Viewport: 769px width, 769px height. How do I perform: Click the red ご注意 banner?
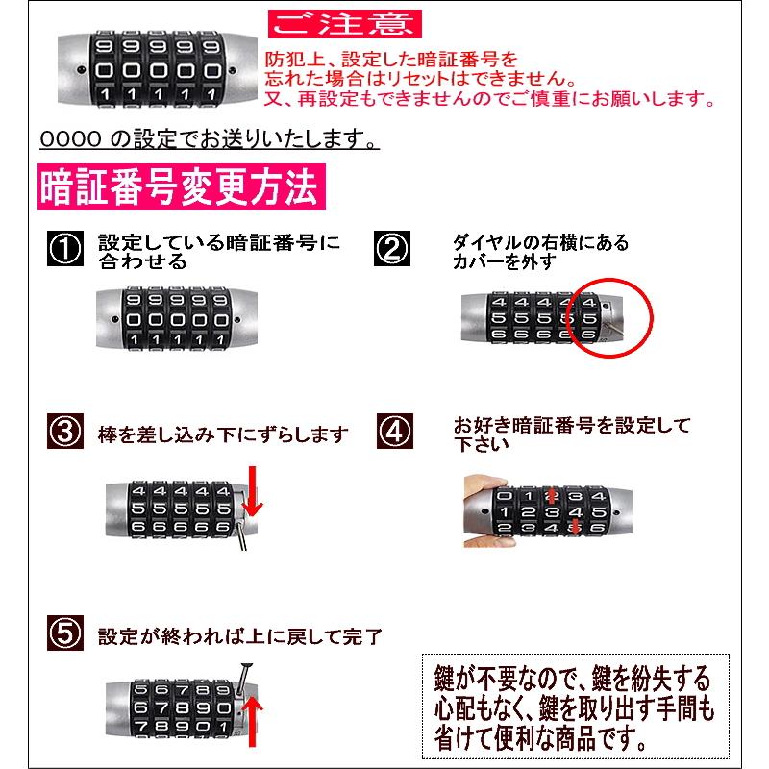click(x=344, y=24)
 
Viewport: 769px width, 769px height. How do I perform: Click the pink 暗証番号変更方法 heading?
click(x=182, y=186)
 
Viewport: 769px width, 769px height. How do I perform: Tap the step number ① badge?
click(x=65, y=249)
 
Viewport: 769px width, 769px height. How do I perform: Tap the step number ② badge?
click(x=392, y=249)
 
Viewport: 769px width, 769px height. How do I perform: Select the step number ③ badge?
click(x=65, y=431)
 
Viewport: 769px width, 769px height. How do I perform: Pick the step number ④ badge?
click(x=395, y=431)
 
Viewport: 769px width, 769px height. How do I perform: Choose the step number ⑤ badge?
click(x=65, y=633)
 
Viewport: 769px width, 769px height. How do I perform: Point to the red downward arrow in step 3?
click(x=252, y=491)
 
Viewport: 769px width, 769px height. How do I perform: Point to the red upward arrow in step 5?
click(x=252, y=722)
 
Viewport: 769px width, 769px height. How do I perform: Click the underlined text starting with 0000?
click(x=210, y=139)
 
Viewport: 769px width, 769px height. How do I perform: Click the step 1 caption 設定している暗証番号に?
click(x=219, y=242)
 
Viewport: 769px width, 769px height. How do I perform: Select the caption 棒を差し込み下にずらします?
click(x=223, y=434)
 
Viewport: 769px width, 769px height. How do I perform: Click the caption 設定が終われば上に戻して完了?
click(x=239, y=636)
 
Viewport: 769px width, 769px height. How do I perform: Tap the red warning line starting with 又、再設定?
click(x=489, y=99)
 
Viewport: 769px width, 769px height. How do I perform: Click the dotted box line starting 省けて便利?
click(x=541, y=738)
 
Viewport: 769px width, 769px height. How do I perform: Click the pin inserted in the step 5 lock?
click(x=242, y=680)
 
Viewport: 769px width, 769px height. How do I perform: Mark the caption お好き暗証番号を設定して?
click(x=572, y=425)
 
